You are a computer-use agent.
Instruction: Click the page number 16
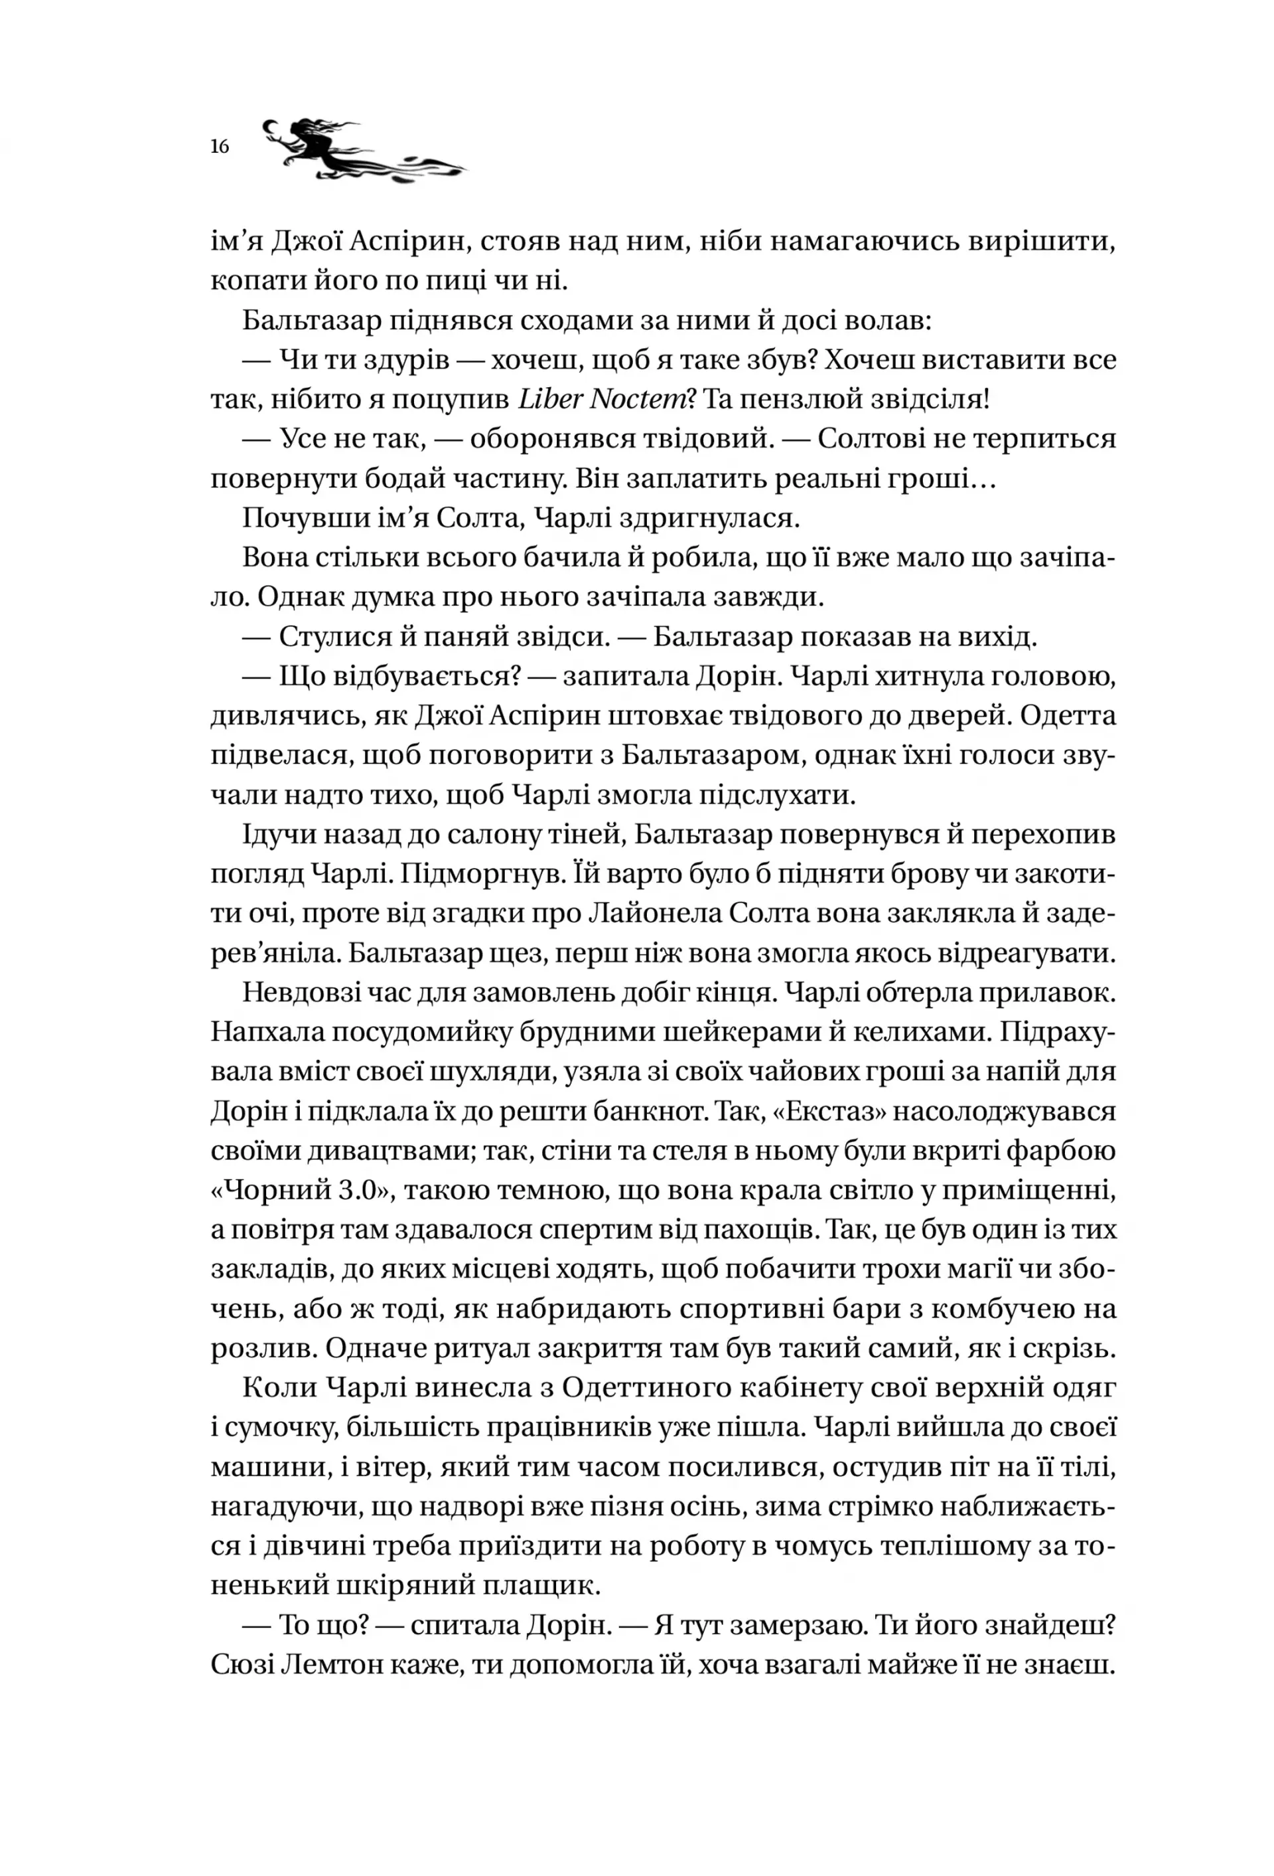coord(220,147)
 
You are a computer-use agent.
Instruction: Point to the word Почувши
coord(291,518)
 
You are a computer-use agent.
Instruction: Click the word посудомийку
coord(388,1032)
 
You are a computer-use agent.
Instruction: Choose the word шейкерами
coord(664,1032)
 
